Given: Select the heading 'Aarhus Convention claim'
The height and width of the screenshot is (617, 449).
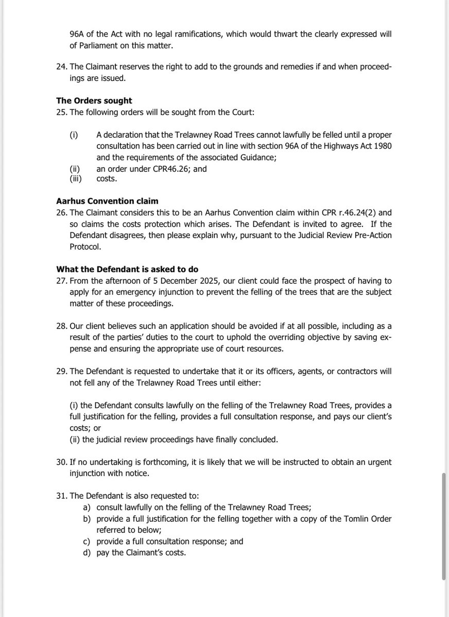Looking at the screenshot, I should (100, 201).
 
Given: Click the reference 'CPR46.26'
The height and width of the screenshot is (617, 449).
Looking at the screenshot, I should (160, 168).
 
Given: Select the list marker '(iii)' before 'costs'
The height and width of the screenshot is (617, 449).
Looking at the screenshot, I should (76, 178).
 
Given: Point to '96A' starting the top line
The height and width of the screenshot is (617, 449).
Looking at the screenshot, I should (78, 35).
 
